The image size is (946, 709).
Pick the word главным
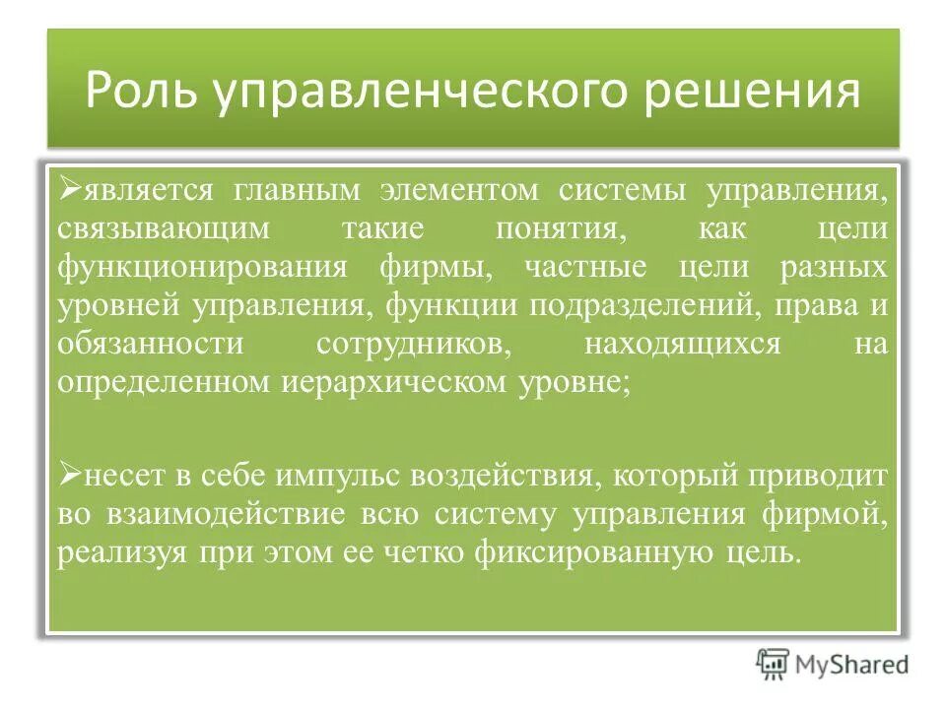(305, 188)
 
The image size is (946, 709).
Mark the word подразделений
(642, 306)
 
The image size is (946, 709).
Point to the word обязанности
(149, 345)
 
